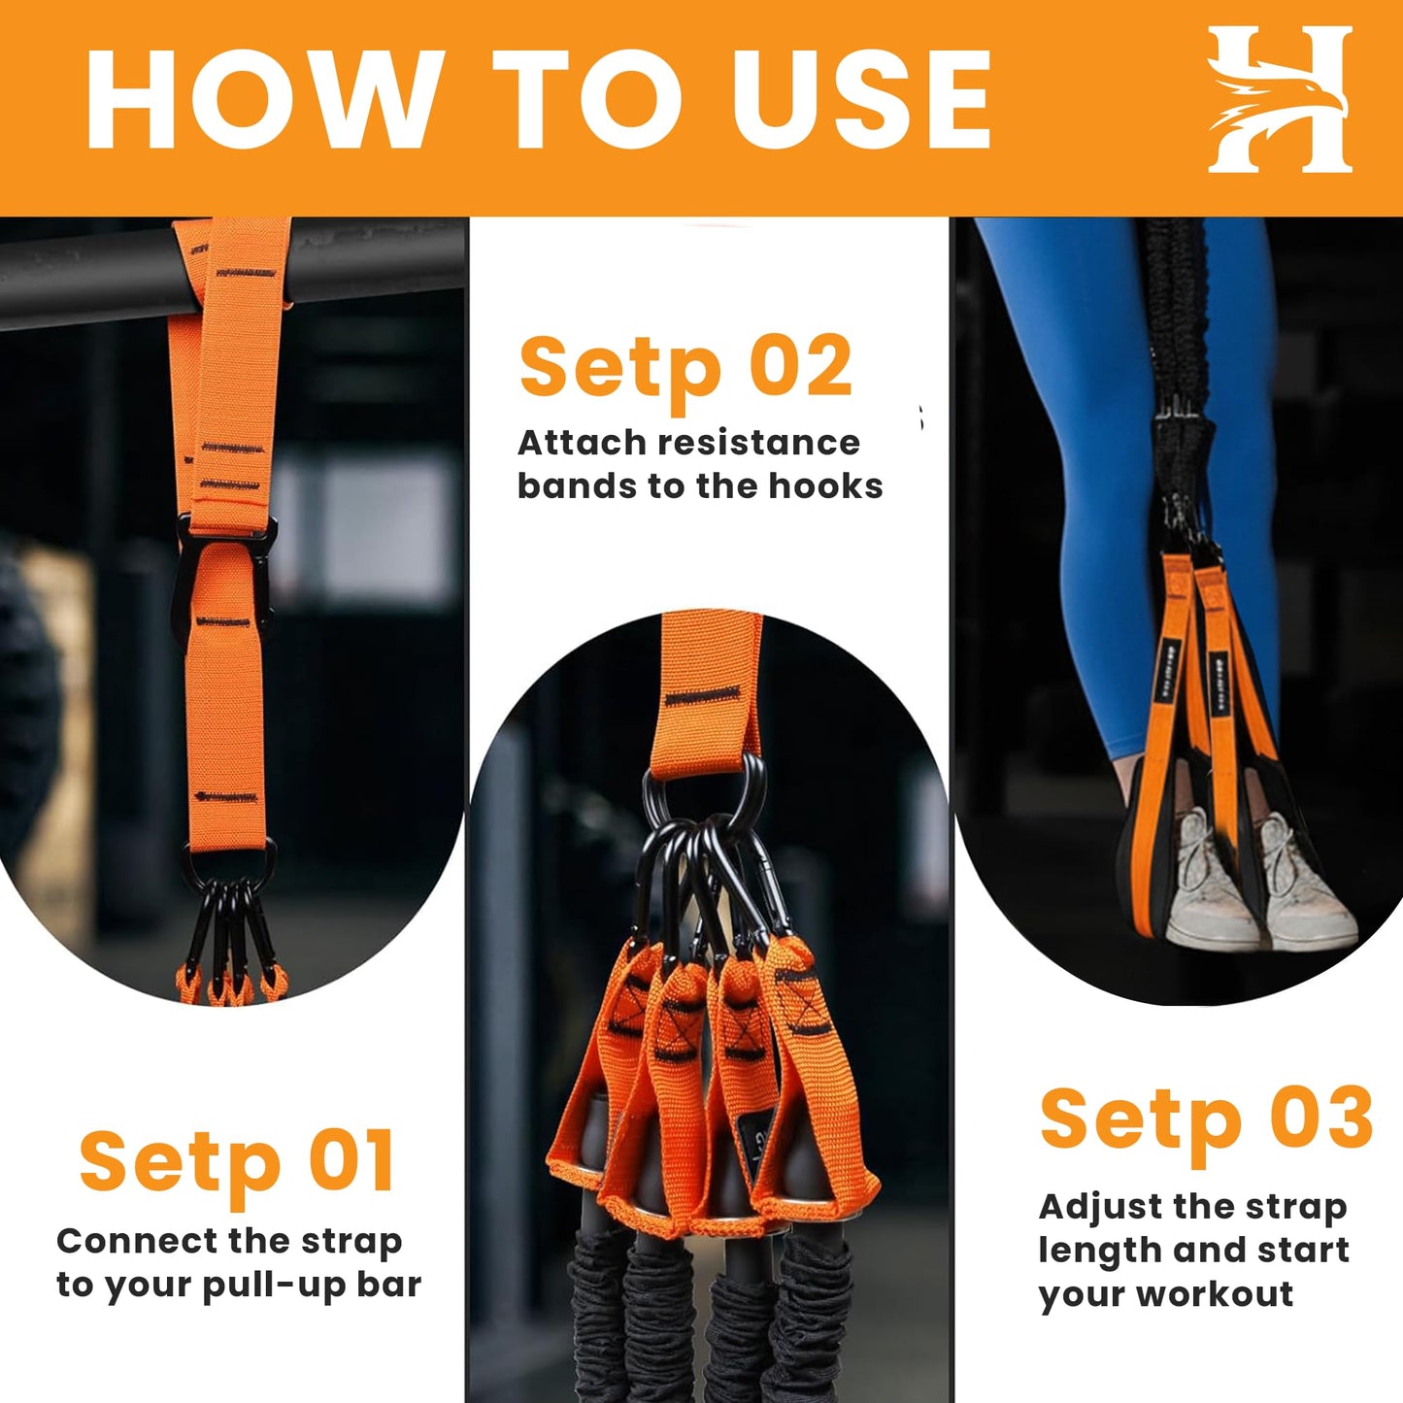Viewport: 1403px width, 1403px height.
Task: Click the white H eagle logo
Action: click(1280, 100)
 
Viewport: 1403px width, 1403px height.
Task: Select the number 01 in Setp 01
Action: click(351, 1161)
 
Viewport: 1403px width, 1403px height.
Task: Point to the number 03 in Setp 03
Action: click(1320, 1119)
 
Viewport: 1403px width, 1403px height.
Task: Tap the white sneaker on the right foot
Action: click(1306, 884)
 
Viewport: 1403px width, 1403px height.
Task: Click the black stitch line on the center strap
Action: click(702, 696)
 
